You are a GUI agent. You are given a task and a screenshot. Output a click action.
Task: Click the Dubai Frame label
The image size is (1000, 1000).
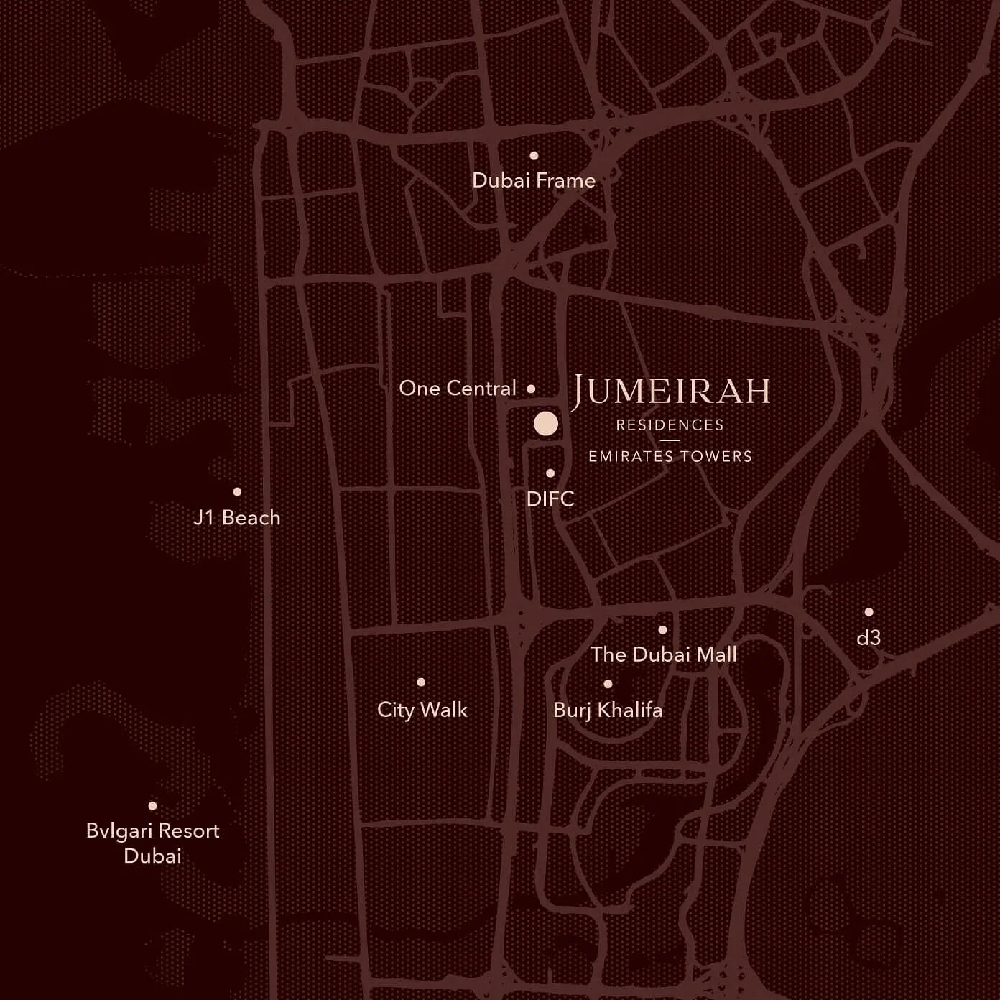click(x=533, y=180)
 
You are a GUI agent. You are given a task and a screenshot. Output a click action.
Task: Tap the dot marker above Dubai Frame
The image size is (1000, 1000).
click(x=534, y=155)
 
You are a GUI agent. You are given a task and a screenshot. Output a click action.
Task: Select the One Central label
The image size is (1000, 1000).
click(x=458, y=389)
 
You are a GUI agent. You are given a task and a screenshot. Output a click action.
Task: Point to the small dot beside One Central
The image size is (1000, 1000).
click(x=531, y=389)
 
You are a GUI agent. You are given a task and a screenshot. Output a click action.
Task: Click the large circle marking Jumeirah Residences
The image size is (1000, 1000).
click(x=546, y=424)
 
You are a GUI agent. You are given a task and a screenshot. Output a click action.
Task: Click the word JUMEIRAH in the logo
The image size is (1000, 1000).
click(x=671, y=392)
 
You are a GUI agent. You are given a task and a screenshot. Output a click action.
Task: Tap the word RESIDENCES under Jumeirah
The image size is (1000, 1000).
click(x=670, y=425)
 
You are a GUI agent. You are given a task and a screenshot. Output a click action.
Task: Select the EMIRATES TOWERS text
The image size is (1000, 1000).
click(x=670, y=456)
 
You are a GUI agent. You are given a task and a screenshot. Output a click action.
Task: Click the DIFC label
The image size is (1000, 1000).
click(x=550, y=499)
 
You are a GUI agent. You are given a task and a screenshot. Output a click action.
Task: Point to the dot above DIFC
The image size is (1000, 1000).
click(x=550, y=473)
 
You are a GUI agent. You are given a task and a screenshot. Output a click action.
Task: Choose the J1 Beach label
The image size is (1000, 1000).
click(x=237, y=518)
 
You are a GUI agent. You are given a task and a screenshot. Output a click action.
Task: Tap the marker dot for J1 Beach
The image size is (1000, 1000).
click(x=237, y=492)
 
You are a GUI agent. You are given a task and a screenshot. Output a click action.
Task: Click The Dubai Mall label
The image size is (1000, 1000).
click(x=663, y=654)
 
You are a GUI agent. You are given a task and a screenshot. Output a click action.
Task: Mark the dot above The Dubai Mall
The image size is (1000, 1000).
click(x=662, y=630)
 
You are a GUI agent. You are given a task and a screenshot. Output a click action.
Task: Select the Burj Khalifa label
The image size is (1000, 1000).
click(x=608, y=710)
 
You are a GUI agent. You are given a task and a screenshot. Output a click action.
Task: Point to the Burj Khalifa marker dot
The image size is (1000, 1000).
click(x=608, y=684)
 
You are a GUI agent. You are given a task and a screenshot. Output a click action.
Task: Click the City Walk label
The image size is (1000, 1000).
click(x=422, y=710)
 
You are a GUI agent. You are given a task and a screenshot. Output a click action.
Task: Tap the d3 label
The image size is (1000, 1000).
click(x=869, y=637)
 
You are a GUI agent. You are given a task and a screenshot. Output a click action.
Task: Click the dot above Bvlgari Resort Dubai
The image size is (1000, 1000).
click(x=152, y=806)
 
